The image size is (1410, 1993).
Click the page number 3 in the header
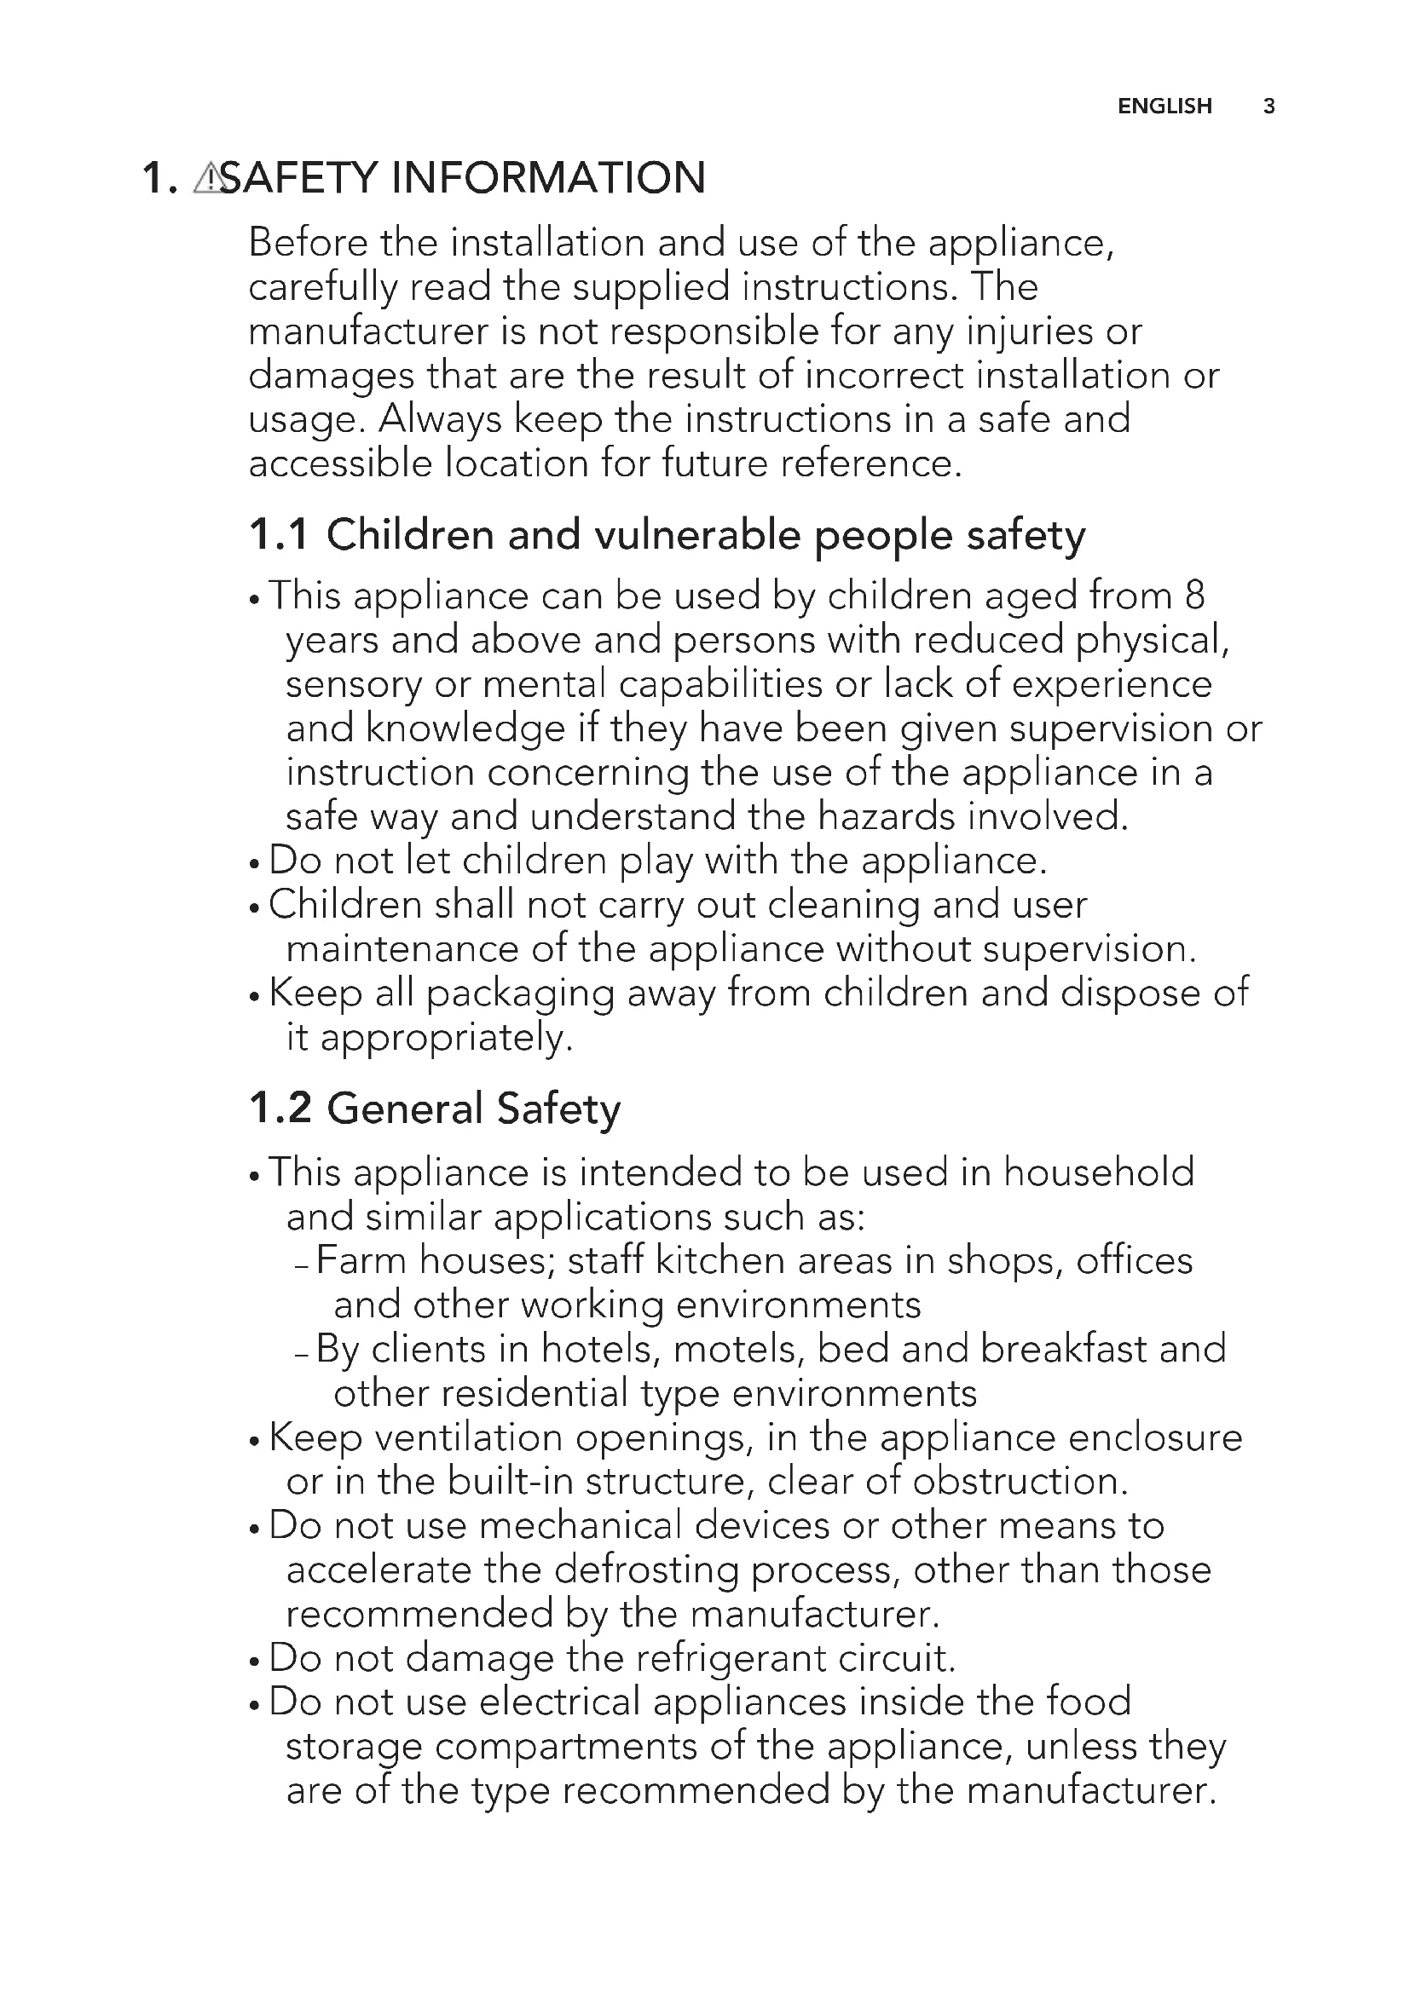(x=1268, y=106)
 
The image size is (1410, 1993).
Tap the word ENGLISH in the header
(x=1164, y=106)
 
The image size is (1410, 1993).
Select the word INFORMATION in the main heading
(x=548, y=178)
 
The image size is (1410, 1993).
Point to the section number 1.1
(x=278, y=535)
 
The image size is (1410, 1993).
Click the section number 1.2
(x=280, y=1109)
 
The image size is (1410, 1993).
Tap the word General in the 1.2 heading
(x=405, y=1109)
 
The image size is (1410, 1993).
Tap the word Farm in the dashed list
(x=361, y=1261)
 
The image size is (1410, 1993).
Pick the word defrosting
(x=645, y=1570)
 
